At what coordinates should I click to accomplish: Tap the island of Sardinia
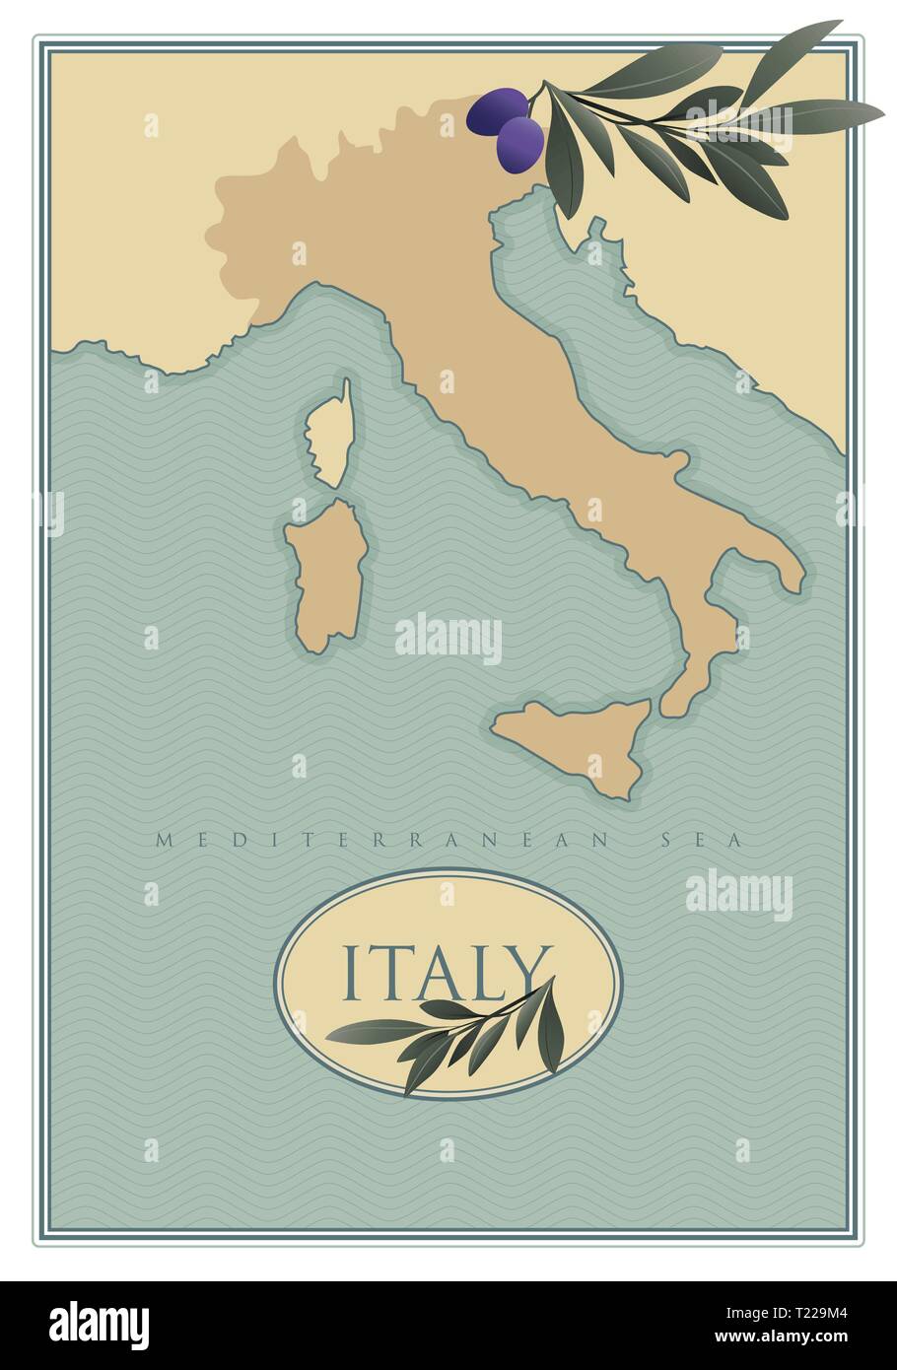325,577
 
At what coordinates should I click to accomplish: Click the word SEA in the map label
705,841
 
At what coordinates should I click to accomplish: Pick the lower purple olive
519,144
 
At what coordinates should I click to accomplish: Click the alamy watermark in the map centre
448,639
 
